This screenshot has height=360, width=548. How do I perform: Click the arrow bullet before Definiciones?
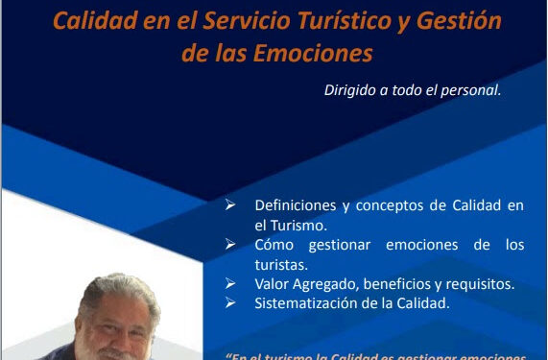pyautogui.click(x=229, y=205)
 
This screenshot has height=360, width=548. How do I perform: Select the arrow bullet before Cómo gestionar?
pyautogui.click(x=229, y=245)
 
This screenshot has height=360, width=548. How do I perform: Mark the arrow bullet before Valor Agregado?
pyautogui.click(x=229, y=284)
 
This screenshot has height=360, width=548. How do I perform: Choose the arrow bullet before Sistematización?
pyautogui.click(x=229, y=304)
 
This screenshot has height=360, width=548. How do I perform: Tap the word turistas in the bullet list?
pyautogui.click(x=281, y=264)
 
